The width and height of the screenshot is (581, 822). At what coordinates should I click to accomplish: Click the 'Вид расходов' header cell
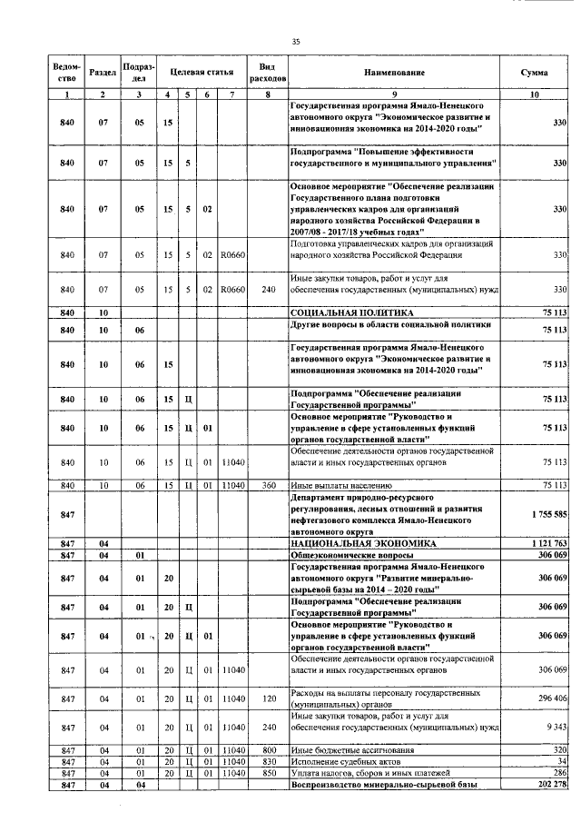(x=268, y=72)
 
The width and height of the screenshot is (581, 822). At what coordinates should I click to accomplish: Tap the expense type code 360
(x=268, y=486)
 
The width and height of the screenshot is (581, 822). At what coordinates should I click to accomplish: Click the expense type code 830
(x=268, y=761)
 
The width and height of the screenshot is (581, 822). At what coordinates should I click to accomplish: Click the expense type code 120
(x=268, y=698)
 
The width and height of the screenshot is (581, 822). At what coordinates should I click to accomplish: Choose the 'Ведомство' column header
(x=66, y=72)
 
